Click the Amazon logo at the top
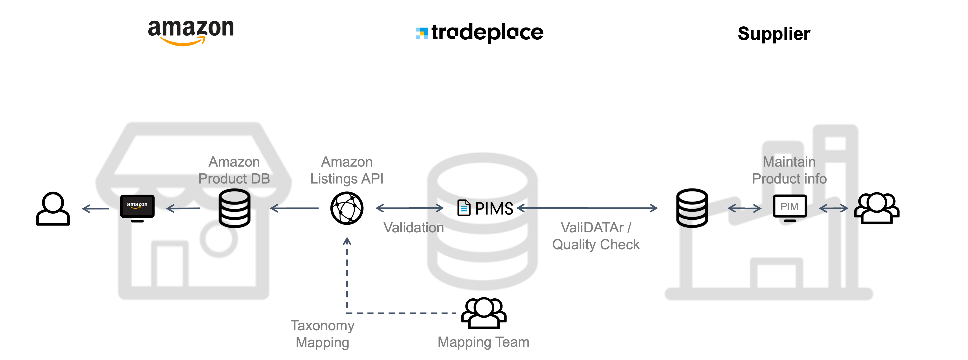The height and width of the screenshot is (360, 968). tap(191, 32)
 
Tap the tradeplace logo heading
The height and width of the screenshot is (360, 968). tap(480, 33)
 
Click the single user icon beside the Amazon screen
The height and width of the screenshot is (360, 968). tap(53, 209)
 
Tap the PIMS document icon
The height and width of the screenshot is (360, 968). tap(464, 208)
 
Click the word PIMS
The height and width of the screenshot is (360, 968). tap(494, 209)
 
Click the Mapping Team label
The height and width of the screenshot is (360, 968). tap(483, 342)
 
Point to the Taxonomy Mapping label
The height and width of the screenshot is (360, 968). tap(323, 334)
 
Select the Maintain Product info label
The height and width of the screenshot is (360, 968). tap(789, 170)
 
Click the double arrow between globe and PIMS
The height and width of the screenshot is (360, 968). tap(410, 208)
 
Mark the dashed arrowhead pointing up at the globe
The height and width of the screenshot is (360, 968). tap(347, 241)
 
